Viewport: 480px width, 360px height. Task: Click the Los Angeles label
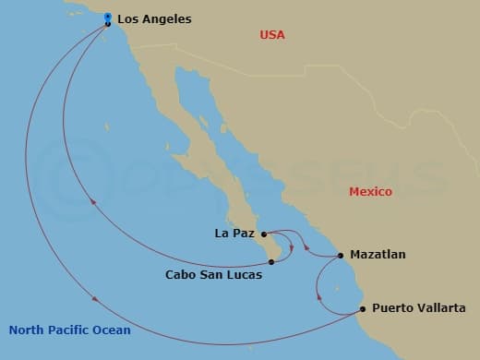154,18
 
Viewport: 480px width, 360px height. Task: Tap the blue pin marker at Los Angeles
108,18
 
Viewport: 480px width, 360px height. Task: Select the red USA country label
272,35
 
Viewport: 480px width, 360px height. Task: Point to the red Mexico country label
370,192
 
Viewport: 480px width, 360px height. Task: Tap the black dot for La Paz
264,234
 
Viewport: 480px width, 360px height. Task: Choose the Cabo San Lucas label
213,274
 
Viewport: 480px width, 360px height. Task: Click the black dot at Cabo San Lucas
271,262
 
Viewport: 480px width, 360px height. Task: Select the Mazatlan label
378,254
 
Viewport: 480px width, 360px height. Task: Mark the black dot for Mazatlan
341,255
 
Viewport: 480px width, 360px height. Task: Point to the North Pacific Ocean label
69,330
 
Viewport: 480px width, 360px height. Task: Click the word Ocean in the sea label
111,330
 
